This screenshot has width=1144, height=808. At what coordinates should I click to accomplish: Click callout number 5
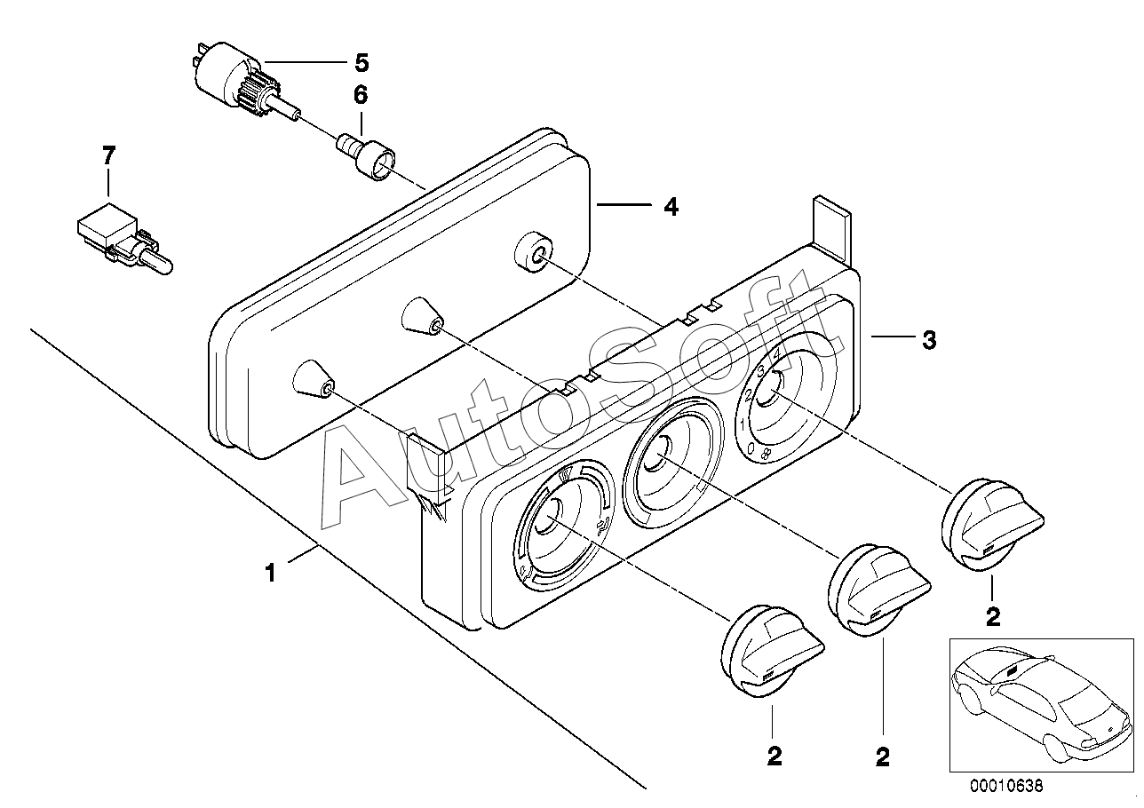(x=361, y=63)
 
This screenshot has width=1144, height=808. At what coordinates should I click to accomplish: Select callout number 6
(x=361, y=94)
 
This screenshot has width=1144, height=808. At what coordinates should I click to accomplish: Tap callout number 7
(x=108, y=157)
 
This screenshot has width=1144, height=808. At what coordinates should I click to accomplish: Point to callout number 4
(x=671, y=207)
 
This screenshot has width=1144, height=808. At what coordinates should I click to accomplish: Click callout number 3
(x=928, y=339)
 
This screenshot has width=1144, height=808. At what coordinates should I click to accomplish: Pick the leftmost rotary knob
(x=764, y=653)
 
